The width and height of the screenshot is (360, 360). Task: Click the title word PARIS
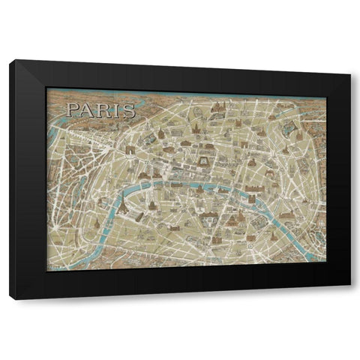100,111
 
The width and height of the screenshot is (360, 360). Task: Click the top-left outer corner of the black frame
10,61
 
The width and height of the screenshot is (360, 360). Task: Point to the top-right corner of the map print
326,88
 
